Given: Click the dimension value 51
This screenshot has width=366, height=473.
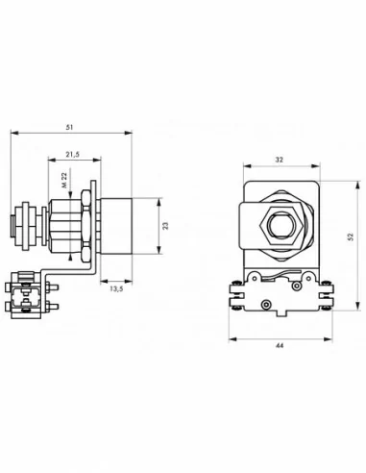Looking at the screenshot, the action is [69, 127].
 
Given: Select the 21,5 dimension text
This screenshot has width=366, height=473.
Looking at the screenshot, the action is [73, 155].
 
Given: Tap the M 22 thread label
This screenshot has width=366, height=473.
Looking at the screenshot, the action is [64, 180].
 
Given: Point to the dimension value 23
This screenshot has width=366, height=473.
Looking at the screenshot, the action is [165, 226].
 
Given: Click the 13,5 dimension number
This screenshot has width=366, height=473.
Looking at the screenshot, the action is [116, 288].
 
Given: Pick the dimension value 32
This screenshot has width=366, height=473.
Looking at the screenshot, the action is [280, 160].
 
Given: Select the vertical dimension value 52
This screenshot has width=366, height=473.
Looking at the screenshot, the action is [351, 236].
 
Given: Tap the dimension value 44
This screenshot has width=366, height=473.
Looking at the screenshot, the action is [280, 345].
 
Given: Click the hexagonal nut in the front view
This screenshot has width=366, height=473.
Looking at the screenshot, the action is [281, 226].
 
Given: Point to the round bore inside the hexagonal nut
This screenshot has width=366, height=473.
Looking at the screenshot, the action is [281, 226].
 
